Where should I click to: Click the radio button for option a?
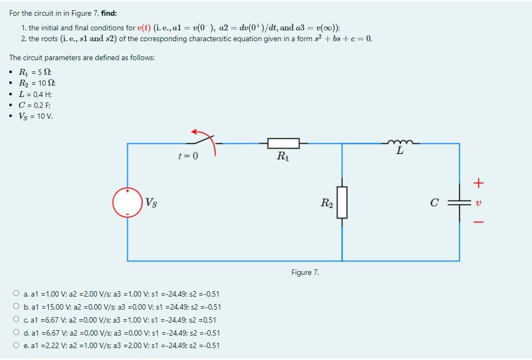tap(16, 294)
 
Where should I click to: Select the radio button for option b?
tap(16, 307)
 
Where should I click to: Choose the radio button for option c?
tap(16, 320)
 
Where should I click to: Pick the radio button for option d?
tap(16, 333)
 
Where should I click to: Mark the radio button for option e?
tap(16, 345)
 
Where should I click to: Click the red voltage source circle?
tap(127, 202)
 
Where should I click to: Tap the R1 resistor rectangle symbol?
tap(283, 143)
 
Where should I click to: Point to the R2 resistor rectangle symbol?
tap(342, 202)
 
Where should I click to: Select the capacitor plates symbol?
tap(459, 202)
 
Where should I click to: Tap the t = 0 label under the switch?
tap(188, 157)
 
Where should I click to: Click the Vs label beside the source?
tap(151, 203)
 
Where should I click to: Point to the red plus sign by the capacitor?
tap(477, 183)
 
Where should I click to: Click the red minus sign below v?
tap(477, 222)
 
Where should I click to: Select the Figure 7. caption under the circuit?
tap(305, 272)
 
